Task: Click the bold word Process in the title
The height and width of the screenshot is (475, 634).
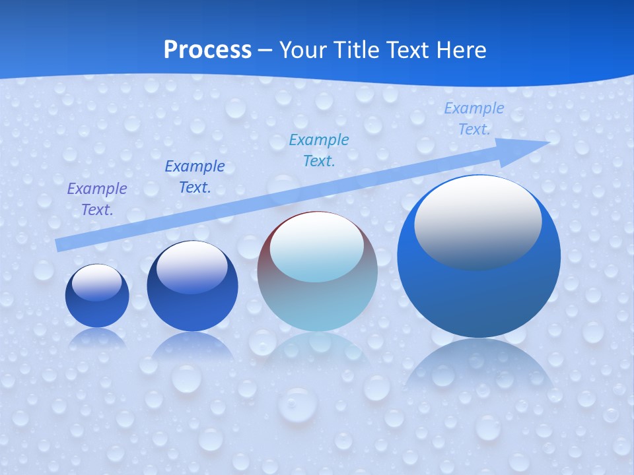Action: [207, 50]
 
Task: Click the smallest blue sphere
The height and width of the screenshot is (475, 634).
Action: [97, 307]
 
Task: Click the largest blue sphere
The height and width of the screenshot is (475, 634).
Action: [479, 290]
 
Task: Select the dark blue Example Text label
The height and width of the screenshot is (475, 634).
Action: [195, 177]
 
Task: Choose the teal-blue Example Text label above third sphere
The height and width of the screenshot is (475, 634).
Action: [319, 150]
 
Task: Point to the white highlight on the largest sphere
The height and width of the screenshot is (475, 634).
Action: [477, 221]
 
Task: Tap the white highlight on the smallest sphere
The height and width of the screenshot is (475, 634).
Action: [97, 282]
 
